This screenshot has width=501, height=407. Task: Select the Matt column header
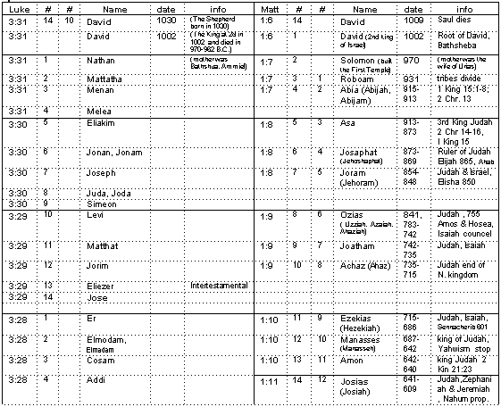tap(271, 7)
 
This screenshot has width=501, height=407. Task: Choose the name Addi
tap(96, 379)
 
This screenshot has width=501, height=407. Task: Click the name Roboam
tap(357, 79)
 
